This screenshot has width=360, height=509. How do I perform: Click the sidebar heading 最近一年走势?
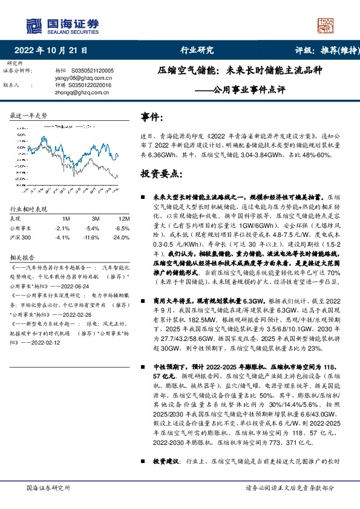pyautogui.click(x=29, y=115)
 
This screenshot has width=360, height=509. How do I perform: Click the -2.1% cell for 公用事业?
pyautogui.click(x=62, y=229)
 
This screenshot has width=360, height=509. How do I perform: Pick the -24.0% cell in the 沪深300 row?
pyautogui.click(x=122, y=238)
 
